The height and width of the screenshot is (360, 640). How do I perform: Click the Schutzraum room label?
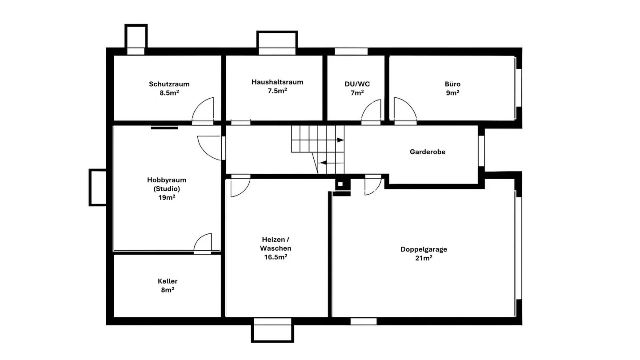169,84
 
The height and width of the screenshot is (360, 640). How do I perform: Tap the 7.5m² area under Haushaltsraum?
277,91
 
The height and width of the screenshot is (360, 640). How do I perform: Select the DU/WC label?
357,84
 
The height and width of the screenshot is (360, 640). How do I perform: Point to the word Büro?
452,84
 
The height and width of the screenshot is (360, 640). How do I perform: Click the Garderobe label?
428,152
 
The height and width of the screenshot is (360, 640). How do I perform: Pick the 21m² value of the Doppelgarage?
424,258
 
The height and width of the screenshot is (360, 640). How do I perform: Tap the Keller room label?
168,281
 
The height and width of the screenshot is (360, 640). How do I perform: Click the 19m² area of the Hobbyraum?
167,197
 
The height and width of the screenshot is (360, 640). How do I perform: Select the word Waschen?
276,248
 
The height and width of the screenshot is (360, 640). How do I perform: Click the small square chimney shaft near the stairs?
340,184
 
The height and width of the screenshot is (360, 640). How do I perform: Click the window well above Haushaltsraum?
277,40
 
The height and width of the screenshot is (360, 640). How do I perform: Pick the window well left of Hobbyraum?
97,188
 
